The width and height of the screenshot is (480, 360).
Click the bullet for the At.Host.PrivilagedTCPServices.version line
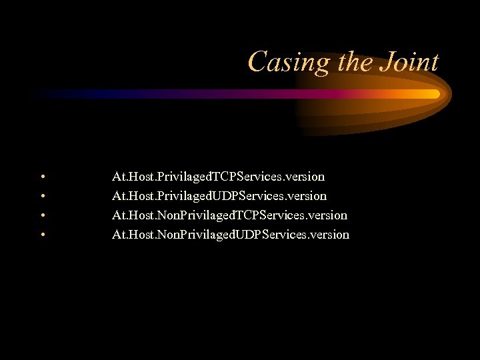pyautogui.click(x=42, y=177)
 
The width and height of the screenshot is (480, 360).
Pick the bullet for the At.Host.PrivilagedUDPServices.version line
pyautogui.click(x=42, y=197)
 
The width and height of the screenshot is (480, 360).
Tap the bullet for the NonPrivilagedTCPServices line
pyautogui.click(x=42, y=216)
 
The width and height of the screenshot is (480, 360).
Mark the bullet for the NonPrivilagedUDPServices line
pyautogui.click(x=42, y=235)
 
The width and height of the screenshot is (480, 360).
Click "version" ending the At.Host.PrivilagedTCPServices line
pyautogui.click(x=305, y=177)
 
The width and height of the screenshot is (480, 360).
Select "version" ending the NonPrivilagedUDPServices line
pyautogui.click(x=329, y=235)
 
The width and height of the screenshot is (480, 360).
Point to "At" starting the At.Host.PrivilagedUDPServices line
pyautogui.click(x=119, y=197)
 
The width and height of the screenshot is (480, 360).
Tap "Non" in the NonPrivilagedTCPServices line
pyautogui.click(x=169, y=215)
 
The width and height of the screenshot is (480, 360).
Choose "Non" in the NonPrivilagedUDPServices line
pyautogui.click(x=169, y=235)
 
